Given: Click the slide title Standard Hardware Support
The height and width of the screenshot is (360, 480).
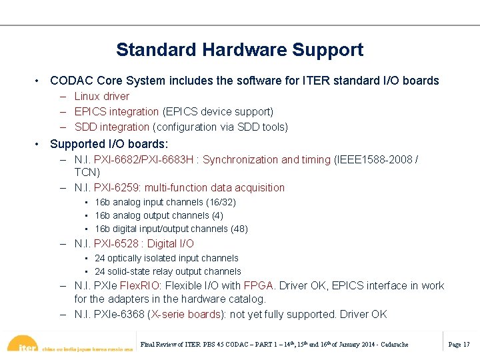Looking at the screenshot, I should [239, 50].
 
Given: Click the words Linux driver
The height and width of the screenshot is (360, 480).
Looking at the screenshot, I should [101, 97].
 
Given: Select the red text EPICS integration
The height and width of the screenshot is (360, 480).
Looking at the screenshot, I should [116, 112].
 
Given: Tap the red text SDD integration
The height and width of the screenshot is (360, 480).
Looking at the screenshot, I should [111, 127].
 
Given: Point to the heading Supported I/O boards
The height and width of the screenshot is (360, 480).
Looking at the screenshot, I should [109, 144].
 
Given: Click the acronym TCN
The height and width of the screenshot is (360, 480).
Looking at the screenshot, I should [87, 172].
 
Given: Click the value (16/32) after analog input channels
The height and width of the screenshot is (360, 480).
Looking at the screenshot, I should [219, 202].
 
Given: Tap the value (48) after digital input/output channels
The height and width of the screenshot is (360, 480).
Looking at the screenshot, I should [239, 229].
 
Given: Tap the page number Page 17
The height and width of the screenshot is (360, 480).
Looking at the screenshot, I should [459, 344].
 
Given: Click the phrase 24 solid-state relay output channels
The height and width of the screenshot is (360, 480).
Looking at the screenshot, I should [168, 271].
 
